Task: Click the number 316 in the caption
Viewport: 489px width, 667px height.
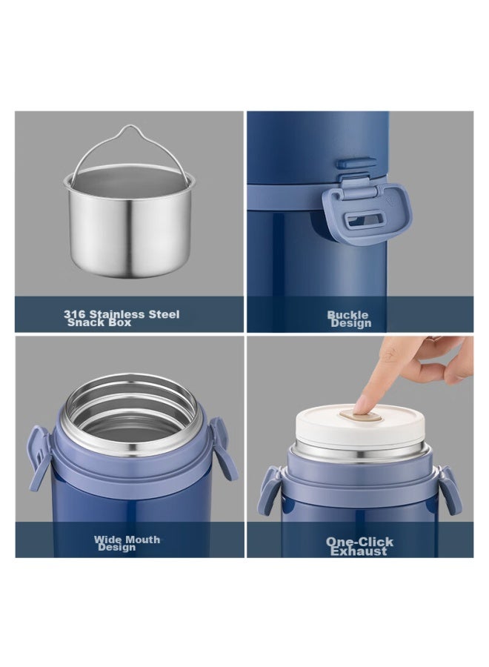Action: click(x=74, y=314)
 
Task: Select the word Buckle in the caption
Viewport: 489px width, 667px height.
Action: click(x=347, y=315)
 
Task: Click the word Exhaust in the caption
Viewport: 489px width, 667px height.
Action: click(x=359, y=551)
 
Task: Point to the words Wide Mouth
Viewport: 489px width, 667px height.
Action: click(x=127, y=540)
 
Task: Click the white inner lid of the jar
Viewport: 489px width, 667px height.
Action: click(x=360, y=425)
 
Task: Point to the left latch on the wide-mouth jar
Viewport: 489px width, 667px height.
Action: click(x=39, y=458)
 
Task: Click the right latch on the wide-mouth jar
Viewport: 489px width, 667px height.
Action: click(x=224, y=448)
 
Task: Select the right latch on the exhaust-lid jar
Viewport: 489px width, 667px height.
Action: click(x=450, y=489)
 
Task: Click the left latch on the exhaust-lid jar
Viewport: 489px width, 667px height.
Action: click(x=269, y=490)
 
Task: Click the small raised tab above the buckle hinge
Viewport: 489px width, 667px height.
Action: click(x=356, y=163)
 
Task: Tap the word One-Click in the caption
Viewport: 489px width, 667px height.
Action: click(x=360, y=542)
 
